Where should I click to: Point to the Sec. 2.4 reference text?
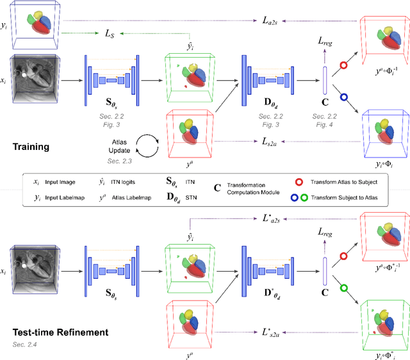point(24,345)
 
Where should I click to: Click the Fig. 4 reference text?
point(325,124)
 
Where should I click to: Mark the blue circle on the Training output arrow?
point(343,97)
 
